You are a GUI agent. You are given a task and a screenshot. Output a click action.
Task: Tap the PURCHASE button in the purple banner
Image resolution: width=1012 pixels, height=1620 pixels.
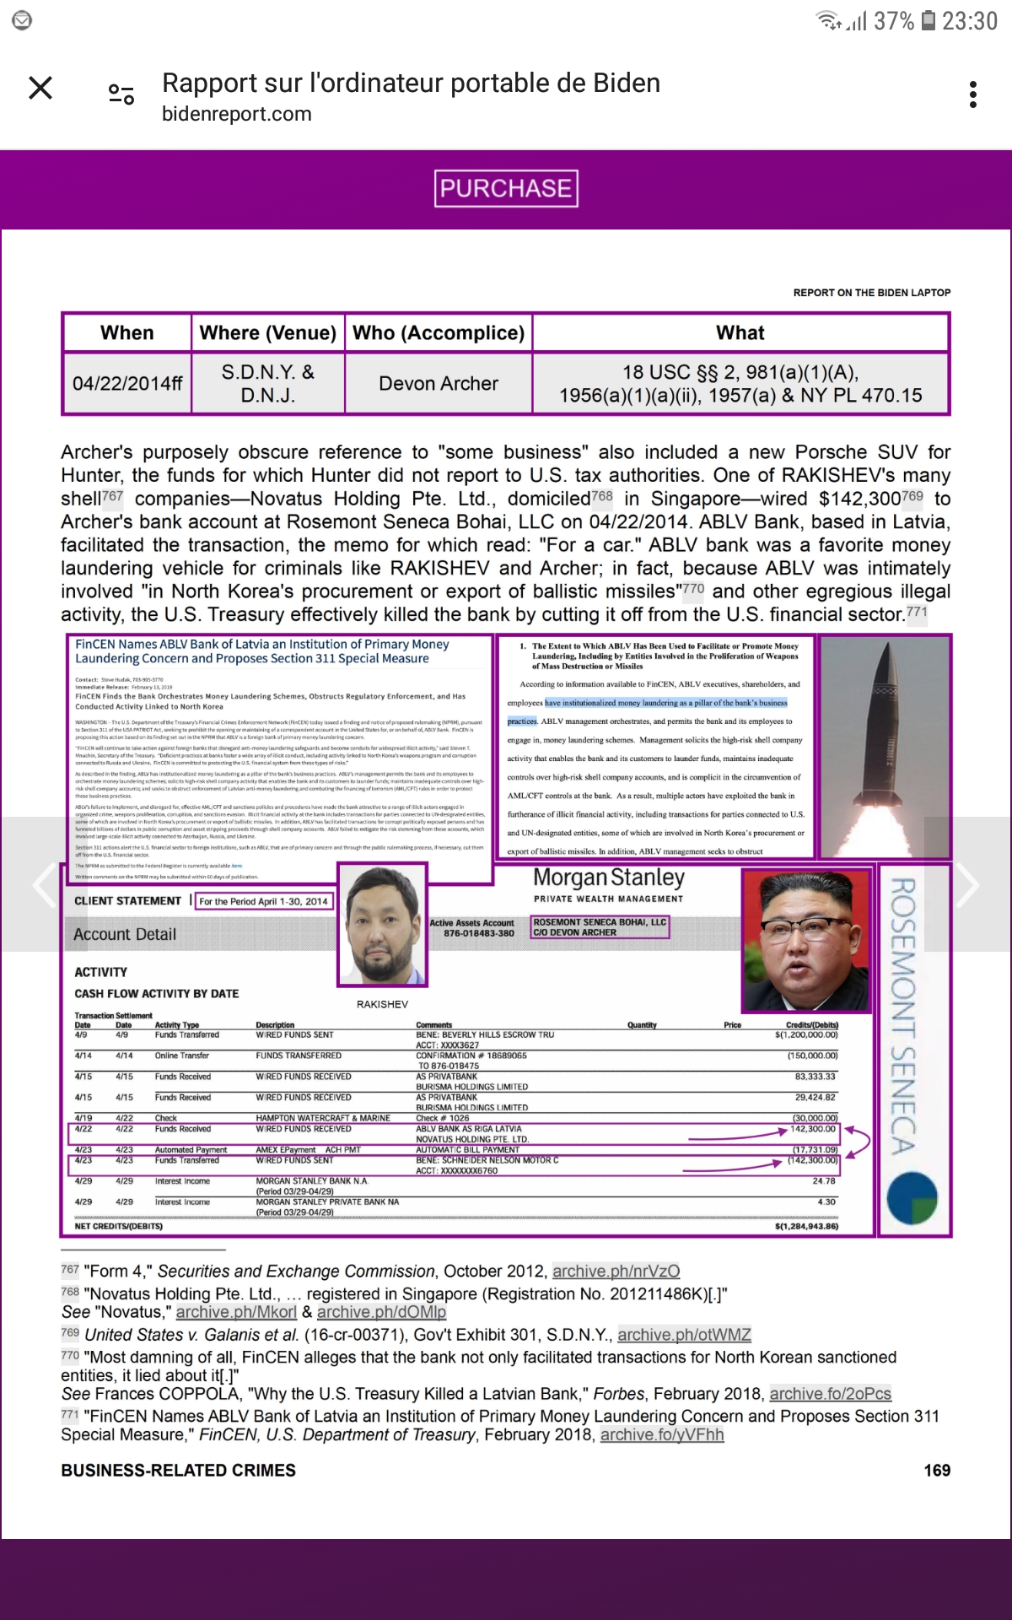coord(506,188)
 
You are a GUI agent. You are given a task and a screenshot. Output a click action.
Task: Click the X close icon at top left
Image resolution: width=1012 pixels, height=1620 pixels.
coord(40,88)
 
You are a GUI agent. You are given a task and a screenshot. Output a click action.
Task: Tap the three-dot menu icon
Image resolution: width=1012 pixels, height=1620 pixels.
coord(973,94)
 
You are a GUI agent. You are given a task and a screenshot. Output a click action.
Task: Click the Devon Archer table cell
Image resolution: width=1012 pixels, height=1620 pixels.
coord(439,384)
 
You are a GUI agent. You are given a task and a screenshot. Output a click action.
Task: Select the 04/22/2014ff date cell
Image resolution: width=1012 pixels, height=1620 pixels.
coord(127,384)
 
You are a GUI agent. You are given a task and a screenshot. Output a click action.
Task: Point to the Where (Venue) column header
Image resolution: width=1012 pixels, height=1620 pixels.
coord(267,333)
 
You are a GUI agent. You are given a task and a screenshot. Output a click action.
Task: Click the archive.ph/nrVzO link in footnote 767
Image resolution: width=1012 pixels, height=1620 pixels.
coord(616,1272)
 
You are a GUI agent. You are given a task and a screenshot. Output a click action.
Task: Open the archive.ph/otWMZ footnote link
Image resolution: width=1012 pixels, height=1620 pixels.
coord(684,1335)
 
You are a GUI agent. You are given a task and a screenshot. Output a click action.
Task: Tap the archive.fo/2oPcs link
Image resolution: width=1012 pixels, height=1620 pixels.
coord(830,1394)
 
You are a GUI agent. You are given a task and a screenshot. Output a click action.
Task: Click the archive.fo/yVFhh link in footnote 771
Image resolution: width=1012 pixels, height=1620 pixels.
coord(662,1434)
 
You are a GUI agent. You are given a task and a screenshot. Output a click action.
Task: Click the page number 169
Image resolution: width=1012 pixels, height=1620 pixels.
coord(937,1471)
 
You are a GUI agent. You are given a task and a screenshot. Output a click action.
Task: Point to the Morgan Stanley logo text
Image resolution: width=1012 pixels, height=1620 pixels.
coord(609,878)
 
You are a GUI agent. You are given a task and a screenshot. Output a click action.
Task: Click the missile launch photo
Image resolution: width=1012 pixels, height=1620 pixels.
coord(885,747)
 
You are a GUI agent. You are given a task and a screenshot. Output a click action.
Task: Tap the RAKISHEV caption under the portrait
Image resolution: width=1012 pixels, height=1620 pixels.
coord(382,1004)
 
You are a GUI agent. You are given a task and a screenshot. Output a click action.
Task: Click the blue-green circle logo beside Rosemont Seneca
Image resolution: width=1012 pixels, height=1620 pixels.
coord(912,1198)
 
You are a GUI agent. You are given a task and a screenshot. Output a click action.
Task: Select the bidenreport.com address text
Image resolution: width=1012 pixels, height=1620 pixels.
coord(237,114)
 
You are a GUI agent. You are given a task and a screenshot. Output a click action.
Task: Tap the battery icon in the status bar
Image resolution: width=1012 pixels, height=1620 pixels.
coord(928,20)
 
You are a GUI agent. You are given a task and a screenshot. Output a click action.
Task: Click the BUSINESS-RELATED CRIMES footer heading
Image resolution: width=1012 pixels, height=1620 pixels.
coord(178,1471)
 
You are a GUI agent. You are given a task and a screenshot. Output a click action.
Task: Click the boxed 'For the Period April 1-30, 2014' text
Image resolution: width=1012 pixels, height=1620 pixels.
coord(263,901)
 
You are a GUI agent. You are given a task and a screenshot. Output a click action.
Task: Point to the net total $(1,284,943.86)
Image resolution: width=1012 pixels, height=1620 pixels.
coord(806,1226)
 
